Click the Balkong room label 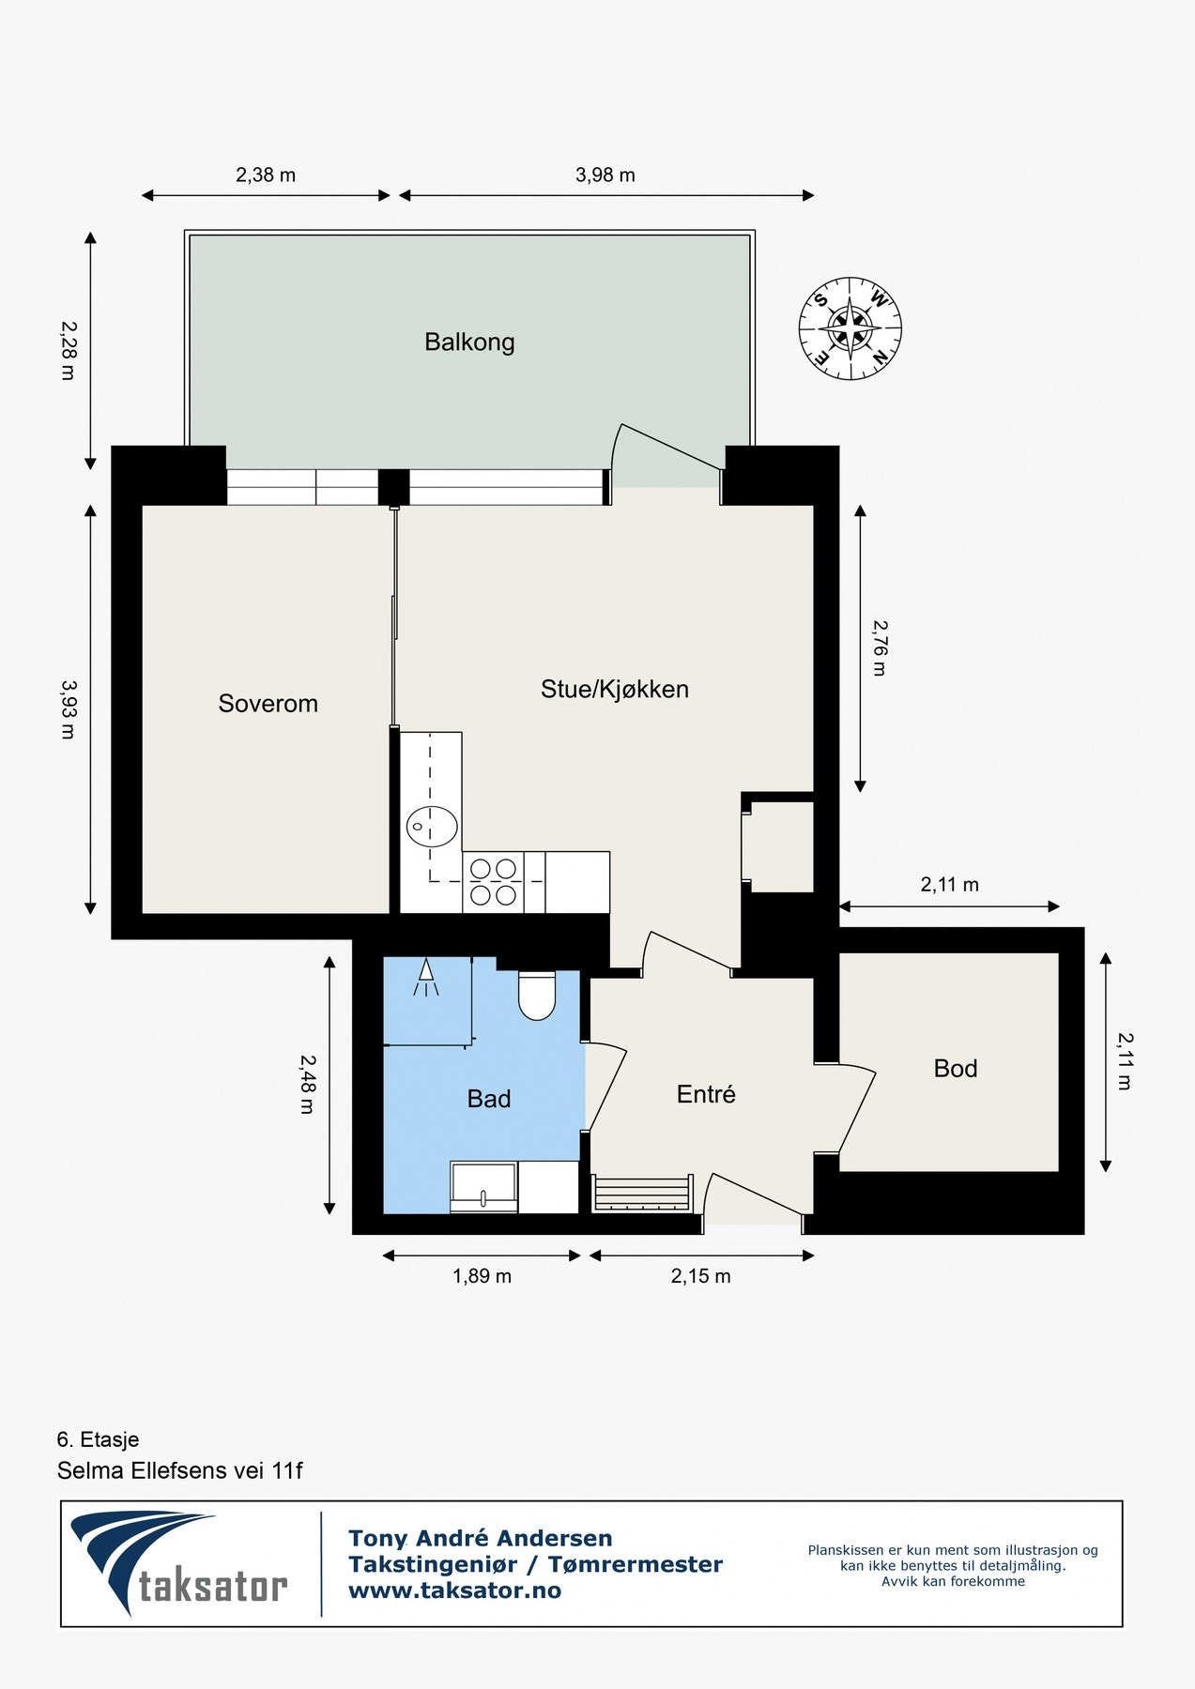469,342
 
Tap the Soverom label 268,704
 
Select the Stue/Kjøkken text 614,690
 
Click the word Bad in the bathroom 488,1099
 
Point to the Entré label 706,1094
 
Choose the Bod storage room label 955,1069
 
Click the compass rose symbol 850,329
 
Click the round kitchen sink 433,827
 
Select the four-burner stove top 494,882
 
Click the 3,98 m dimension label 605,175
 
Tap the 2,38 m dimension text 266,175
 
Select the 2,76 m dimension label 879,647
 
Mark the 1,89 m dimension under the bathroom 482,1276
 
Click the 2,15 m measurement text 700,1276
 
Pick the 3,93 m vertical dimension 68,709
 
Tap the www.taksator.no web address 454,1590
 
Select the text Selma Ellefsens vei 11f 179,1470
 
